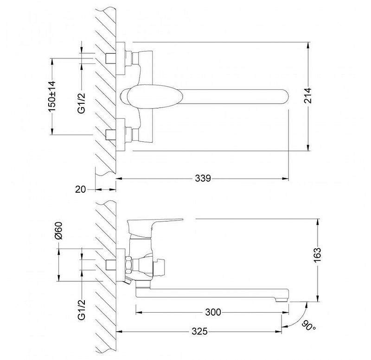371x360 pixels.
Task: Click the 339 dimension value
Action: click(203, 178)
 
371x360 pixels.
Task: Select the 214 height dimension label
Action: click(308, 95)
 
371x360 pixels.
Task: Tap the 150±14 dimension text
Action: click(52, 96)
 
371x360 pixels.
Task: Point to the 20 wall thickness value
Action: click(80, 189)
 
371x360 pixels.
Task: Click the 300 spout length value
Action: click(213, 312)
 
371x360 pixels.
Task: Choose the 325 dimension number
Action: click(199, 331)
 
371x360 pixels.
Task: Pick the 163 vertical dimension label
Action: click(318, 255)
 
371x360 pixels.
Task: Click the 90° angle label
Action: click(309, 326)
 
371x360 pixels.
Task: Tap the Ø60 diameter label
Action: click(59, 230)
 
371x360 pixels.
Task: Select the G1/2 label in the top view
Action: click(82, 103)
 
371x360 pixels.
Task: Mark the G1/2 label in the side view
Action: click(82, 309)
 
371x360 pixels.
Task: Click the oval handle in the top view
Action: click(155, 96)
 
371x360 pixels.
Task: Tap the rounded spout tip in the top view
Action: click(285, 96)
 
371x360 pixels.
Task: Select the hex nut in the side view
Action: click(129, 265)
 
